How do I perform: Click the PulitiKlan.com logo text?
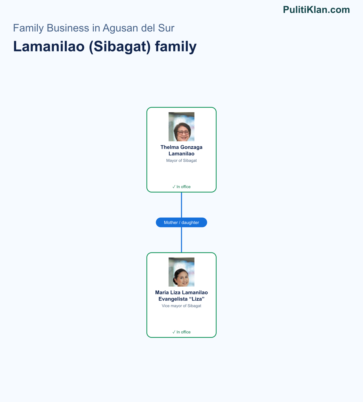pyautogui.click(x=316, y=10)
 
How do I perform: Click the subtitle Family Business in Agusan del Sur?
pyautogui.click(x=93, y=28)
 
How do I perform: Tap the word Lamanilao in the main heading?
pyautogui.click(x=49, y=47)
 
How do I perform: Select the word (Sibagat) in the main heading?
pyautogui.click(x=119, y=47)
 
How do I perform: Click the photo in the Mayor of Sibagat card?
pyautogui.click(x=181, y=127)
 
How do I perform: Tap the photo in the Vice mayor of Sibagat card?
pyautogui.click(x=181, y=272)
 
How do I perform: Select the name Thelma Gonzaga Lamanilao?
pyautogui.click(x=181, y=150)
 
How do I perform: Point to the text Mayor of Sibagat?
pyautogui.click(x=181, y=160)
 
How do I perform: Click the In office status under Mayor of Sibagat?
pyautogui.click(x=181, y=187)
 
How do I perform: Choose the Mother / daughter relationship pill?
pyautogui.click(x=181, y=222)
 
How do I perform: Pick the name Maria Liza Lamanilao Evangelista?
pyautogui.click(x=181, y=295)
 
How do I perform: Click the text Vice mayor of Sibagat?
pyautogui.click(x=181, y=306)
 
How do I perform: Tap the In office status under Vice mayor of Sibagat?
pyautogui.click(x=181, y=332)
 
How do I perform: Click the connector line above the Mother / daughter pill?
pyautogui.click(x=181, y=205)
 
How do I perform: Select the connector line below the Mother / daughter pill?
pyautogui.click(x=181, y=240)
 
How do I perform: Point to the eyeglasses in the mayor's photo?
pyautogui.click(x=183, y=133)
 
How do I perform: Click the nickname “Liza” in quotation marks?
pyautogui.click(x=197, y=299)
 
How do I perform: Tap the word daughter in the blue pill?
pyautogui.click(x=190, y=222)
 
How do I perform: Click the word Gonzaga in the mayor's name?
pyautogui.click(x=191, y=147)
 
